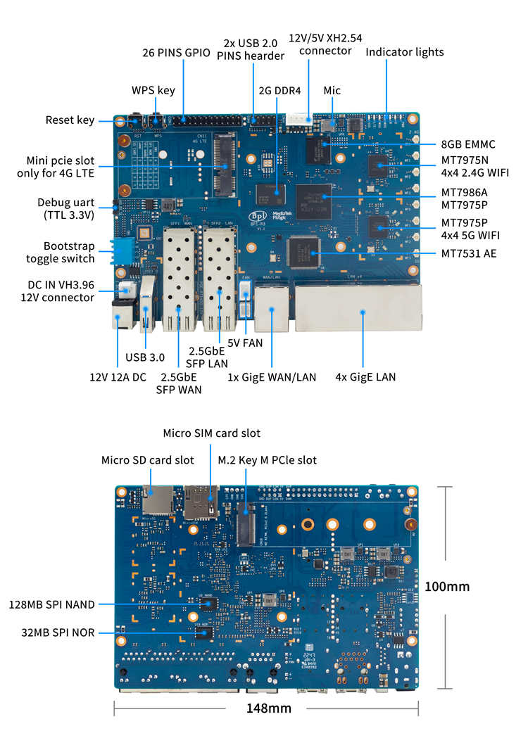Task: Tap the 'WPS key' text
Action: [153, 91]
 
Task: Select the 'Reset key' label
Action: [70, 120]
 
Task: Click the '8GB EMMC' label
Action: [468, 144]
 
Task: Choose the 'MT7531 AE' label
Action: [469, 253]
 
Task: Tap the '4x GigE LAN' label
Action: [365, 377]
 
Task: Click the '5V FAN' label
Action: [245, 344]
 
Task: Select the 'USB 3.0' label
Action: [146, 357]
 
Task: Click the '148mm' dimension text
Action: [268, 708]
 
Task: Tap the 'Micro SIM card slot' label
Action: [211, 433]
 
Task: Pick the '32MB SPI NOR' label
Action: [58, 633]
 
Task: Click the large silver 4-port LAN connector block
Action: [358, 307]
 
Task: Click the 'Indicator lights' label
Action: [405, 52]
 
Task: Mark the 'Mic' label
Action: [332, 91]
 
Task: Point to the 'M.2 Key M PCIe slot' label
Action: [268, 460]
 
